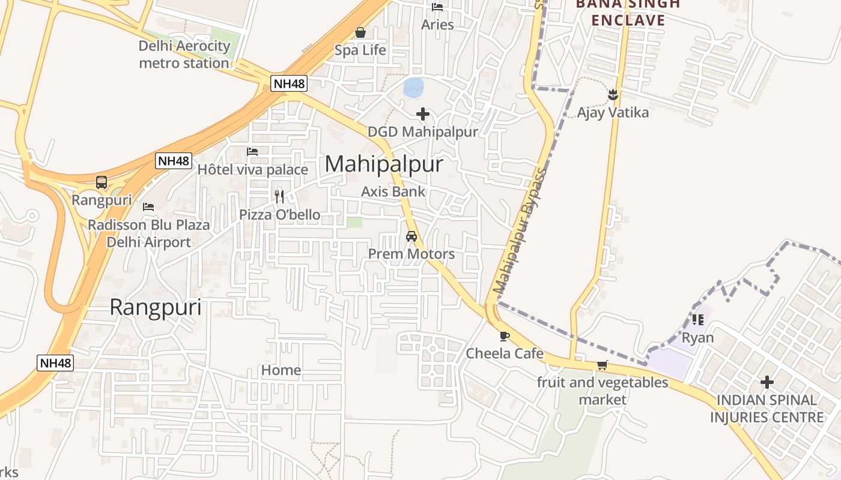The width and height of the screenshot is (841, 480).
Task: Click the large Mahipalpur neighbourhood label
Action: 384,164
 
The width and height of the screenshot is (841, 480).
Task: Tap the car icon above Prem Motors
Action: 411,236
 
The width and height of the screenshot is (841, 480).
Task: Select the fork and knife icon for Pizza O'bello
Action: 279,196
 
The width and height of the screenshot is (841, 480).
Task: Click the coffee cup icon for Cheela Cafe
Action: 504,336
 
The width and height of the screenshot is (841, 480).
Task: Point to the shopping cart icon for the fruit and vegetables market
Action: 602,365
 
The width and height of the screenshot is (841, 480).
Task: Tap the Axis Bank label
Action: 393,191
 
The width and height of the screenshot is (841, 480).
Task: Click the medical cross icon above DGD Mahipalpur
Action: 423,113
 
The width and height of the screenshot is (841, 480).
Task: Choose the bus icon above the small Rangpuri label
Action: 102,182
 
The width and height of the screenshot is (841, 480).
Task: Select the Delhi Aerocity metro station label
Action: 184,55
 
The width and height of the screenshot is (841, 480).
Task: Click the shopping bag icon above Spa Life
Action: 360,32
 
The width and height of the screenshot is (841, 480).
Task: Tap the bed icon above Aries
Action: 437,7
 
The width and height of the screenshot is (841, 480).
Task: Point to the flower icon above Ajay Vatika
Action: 613,95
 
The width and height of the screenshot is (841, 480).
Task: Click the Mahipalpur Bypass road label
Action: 520,231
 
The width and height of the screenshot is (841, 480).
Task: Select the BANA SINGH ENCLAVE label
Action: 628,12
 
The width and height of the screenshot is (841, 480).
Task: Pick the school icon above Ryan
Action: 697,319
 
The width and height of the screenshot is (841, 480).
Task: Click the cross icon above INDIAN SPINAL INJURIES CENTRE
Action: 767,382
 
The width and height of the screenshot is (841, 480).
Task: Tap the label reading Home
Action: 281,370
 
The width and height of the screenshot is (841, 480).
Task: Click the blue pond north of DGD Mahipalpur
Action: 413,88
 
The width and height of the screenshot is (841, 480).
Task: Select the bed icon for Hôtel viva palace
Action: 252,152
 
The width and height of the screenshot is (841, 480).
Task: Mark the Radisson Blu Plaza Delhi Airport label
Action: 149,233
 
